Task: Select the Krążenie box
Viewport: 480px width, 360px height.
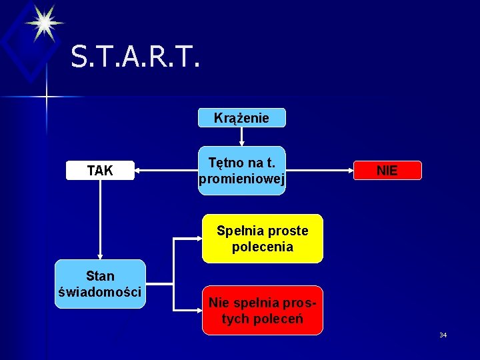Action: (x=241, y=118)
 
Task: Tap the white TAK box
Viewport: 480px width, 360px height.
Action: (x=100, y=171)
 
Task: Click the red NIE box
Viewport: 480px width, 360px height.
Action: (x=387, y=171)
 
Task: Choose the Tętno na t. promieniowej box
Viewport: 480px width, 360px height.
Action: (x=241, y=171)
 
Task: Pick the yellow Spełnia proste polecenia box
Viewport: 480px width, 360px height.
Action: (x=262, y=239)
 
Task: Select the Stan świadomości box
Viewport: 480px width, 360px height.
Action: (x=100, y=284)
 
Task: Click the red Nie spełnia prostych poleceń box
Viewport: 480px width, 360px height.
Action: (x=262, y=310)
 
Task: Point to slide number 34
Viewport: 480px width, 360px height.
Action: (x=443, y=335)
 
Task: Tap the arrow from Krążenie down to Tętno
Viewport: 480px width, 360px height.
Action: (x=241, y=136)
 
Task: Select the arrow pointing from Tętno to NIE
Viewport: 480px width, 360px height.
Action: (x=320, y=171)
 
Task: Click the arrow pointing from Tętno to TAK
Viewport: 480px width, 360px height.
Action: (x=167, y=171)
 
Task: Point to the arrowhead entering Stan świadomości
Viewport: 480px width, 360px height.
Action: (x=100, y=255)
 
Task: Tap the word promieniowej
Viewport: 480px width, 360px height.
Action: (x=241, y=179)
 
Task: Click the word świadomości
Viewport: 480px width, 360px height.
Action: (x=100, y=292)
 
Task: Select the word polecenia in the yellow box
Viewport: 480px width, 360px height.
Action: (x=262, y=247)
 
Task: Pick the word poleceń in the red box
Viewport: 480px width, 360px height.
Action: (x=279, y=319)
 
